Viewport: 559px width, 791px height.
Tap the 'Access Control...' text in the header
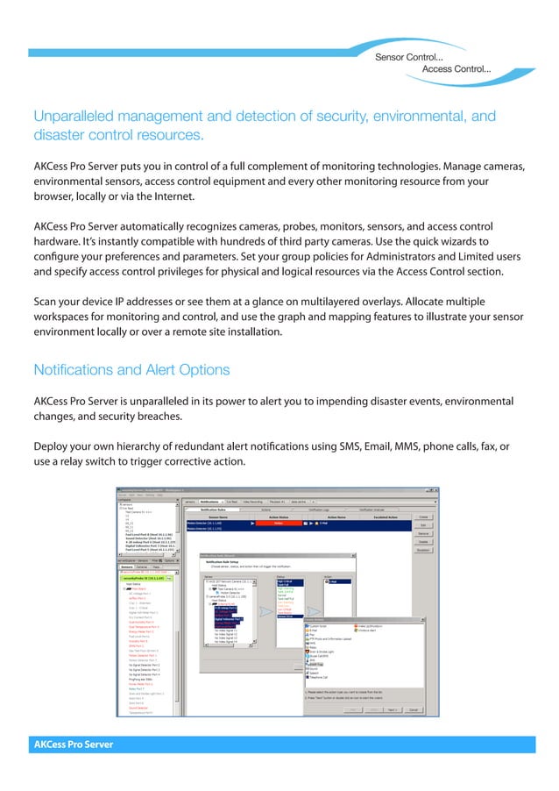click(456, 68)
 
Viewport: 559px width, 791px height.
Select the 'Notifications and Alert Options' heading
click(131, 369)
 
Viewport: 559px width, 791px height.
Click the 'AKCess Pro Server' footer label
click(74, 745)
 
